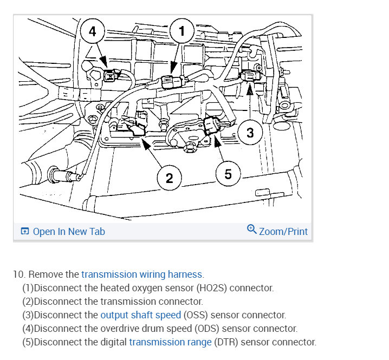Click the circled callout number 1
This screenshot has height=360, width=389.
tap(181, 31)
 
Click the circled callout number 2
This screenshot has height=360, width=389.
tap(170, 178)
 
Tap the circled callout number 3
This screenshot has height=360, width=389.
tap(250, 133)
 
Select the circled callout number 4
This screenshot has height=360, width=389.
tap(93, 31)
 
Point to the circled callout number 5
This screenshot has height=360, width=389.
tap(228, 174)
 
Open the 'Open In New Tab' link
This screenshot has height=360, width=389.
tap(69, 232)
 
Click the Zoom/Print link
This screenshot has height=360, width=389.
tap(283, 232)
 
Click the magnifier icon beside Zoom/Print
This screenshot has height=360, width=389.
tap(252, 230)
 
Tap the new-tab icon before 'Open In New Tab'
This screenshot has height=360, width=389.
tap(25, 232)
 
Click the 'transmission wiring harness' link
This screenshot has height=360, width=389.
tap(142, 274)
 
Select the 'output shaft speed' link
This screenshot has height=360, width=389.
tap(141, 315)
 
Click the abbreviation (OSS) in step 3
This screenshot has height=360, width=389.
tap(196, 315)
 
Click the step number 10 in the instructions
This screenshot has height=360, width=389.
tap(19, 274)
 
